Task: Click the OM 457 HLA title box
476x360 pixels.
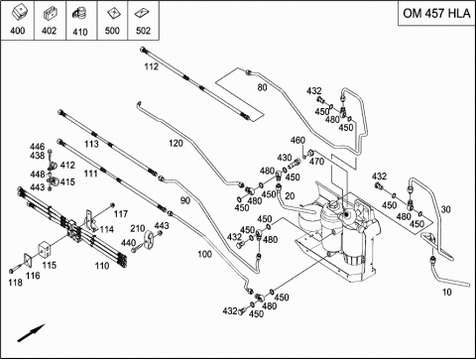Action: click(x=436, y=13)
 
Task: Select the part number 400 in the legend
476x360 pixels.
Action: click(x=18, y=31)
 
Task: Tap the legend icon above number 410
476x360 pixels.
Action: click(x=80, y=14)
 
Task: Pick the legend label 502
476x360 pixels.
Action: click(x=143, y=31)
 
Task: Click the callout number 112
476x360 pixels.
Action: click(x=151, y=66)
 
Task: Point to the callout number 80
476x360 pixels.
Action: click(x=262, y=87)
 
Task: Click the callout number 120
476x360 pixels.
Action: click(x=176, y=143)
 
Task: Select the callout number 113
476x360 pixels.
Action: click(x=91, y=144)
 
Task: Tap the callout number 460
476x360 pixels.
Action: click(x=297, y=140)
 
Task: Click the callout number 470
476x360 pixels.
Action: click(x=316, y=162)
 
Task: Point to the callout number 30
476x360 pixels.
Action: click(x=446, y=209)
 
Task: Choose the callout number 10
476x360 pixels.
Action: click(x=446, y=292)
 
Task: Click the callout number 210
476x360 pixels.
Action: click(x=138, y=228)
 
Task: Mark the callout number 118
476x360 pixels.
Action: click(x=16, y=283)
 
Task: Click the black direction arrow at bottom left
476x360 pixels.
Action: click(x=31, y=333)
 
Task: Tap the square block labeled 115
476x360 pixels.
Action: click(x=46, y=249)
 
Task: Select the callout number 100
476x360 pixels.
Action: click(x=204, y=254)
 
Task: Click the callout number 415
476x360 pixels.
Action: click(x=67, y=181)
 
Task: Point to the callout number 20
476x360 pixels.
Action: click(x=290, y=196)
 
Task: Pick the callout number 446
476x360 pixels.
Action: click(x=37, y=147)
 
